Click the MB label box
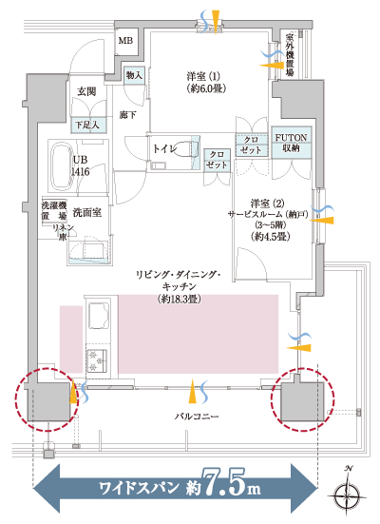click(x=125, y=41)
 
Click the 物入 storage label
click(x=134, y=75)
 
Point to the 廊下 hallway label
click(x=129, y=114)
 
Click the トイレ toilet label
click(x=164, y=149)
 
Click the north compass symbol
click(x=351, y=494)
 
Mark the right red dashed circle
click(x=304, y=398)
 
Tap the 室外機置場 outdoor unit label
click(x=288, y=55)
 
